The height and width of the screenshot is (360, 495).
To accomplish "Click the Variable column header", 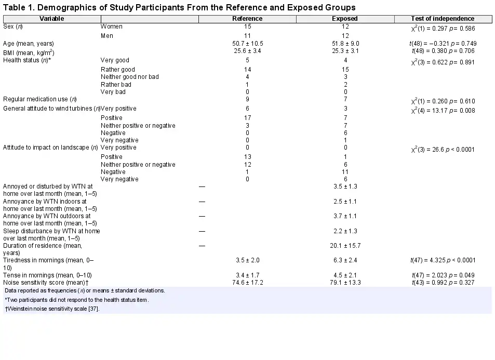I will pos(52,19).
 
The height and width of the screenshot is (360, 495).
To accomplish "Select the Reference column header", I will pos(247,19).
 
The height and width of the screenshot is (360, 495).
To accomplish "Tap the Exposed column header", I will pos(345,19).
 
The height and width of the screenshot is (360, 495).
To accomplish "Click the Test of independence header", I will pos(443,19).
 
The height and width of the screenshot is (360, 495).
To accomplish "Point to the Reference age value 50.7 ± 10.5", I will pos(247,44).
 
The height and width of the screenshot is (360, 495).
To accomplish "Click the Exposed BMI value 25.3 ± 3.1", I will pos(345,51).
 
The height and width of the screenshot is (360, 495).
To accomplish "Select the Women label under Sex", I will pos(112,26).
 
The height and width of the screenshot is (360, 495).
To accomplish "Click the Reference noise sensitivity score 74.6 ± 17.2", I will pos(247,283).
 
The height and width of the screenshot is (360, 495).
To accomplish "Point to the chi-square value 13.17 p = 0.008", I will pos(443,111).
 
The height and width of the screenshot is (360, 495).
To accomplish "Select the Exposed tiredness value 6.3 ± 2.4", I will pos(345,260).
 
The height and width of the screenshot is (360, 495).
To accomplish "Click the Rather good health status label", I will pos(118,70).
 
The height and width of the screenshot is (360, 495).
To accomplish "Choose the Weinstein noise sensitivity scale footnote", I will pos(52,309).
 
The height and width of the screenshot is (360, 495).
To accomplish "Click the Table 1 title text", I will pos(180,7).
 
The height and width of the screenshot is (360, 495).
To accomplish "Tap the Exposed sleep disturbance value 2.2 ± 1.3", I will pos(345,231).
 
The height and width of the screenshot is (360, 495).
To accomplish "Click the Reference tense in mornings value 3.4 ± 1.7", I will pos(247,275).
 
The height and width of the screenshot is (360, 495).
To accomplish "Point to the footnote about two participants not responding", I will pos(77,300).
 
